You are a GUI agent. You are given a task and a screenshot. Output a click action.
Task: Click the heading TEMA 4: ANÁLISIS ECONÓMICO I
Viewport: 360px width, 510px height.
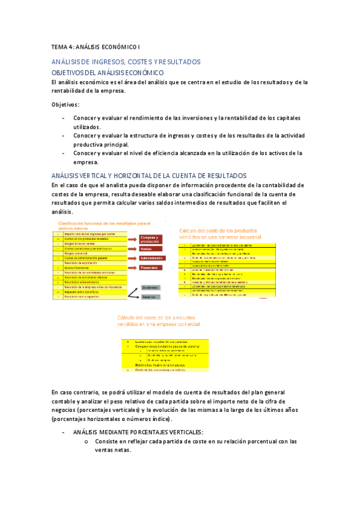point(96,46)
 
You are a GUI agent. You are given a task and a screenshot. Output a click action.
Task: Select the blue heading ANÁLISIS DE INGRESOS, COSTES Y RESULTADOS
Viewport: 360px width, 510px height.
point(126,62)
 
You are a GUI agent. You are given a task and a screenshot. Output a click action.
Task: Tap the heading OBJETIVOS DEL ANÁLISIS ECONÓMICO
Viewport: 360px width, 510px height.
point(108,72)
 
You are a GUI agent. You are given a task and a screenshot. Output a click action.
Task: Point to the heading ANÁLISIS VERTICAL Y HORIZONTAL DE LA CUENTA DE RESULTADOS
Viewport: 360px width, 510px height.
point(149,175)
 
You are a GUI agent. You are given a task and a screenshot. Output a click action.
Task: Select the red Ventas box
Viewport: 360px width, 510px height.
point(146,248)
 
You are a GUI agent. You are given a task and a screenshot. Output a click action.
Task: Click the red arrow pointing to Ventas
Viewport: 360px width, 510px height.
point(133,248)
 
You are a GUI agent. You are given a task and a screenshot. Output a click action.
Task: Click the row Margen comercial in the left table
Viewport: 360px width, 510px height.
point(90,253)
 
